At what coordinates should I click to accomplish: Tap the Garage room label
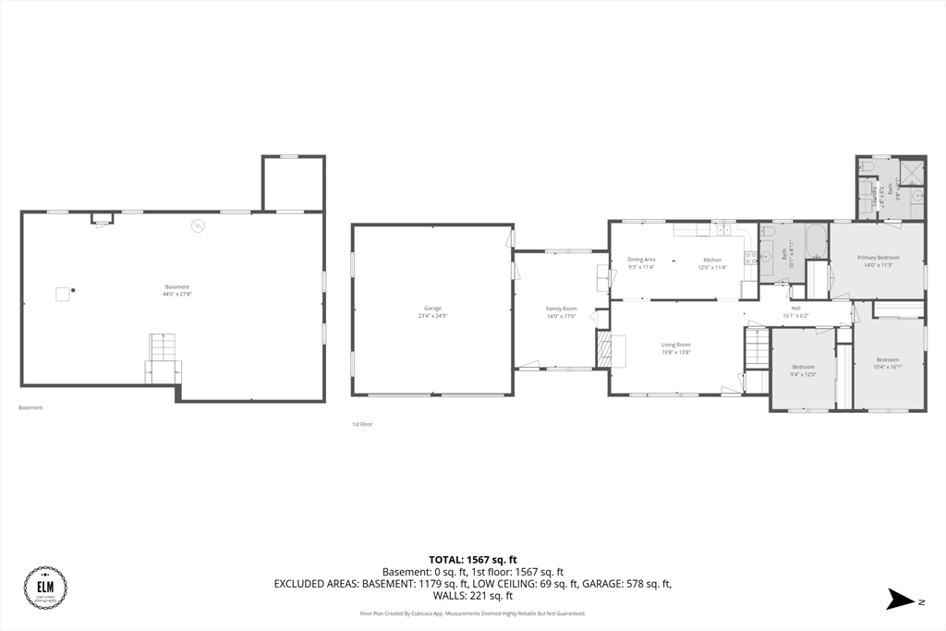pyautogui.click(x=432, y=308)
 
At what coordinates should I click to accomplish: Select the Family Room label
pyautogui.click(x=562, y=309)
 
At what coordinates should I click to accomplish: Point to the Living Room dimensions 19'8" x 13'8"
pyautogui.click(x=676, y=352)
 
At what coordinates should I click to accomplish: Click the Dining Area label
pyautogui.click(x=641, y=260)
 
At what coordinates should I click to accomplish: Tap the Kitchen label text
pyautogui.click(x=712, y=260)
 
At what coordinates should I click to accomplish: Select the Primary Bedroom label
pyautogui.click(x=878, y=258)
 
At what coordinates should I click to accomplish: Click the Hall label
pyautogui.click(x=795, y=308)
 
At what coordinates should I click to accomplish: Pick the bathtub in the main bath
pyautogui.click(x=816, y=243)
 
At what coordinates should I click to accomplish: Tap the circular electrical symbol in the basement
pyautogui.click(x=197, y=224)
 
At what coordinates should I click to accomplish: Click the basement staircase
pyautogui.click(x=163, y=348)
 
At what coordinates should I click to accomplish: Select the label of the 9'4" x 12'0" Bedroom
pyautogui.click(x=802, y=367)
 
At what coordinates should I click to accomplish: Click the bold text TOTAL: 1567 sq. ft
pyautogui.click(x=472, y=560)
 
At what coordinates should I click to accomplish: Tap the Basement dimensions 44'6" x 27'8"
pyautogui.click(x=177, y=294)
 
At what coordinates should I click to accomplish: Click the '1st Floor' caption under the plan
pyautogui.click(x=361, y=424)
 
